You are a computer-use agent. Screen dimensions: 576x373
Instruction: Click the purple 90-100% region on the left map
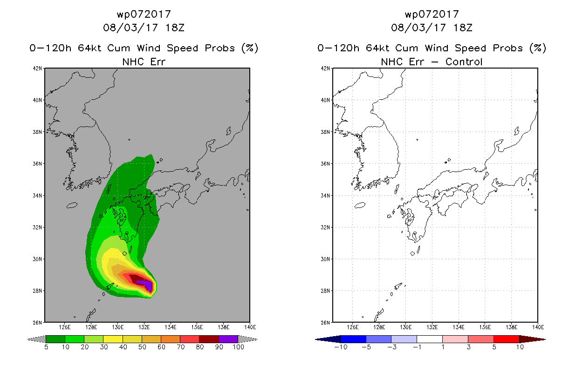[x=146, y=285]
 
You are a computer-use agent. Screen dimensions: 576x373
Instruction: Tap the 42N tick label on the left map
[x=37, y=69]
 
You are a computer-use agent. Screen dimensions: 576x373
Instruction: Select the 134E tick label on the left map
[x=171, y=327]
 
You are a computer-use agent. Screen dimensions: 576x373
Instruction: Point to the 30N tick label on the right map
[x=325, y=259]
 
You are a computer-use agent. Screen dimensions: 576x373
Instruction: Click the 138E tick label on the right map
[x=512, y=327]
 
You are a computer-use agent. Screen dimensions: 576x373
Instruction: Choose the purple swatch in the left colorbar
[x=228, y=339]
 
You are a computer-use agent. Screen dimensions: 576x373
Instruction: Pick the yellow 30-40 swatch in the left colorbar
[x=113, y=339]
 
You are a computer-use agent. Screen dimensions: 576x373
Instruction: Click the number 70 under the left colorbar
[x=181, y=347]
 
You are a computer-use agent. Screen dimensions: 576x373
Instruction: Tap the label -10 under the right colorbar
[x=341, y=347]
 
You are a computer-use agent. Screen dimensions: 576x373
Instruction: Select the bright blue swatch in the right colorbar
[x=353, y=339]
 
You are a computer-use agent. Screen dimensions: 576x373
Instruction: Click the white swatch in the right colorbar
[x=430, y=339]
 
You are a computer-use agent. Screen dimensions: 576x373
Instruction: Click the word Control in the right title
[x=464, y=62]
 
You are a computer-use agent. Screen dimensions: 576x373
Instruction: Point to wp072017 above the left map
[x=144, y=14]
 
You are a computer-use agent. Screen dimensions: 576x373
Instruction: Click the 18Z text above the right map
[x=463, y=28]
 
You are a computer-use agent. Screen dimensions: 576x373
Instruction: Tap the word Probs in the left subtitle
[x=220, y=48]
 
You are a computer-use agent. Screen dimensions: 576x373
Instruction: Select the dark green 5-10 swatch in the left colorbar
[x=55, y=339]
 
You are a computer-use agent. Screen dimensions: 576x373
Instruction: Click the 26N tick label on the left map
[x=37, y=323]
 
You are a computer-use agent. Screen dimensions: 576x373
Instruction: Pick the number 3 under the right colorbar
[x=468, y=347]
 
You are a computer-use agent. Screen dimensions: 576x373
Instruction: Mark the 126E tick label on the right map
[x=352, y=327]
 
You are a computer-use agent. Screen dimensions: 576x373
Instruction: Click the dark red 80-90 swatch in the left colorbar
[x=209, y=339]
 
